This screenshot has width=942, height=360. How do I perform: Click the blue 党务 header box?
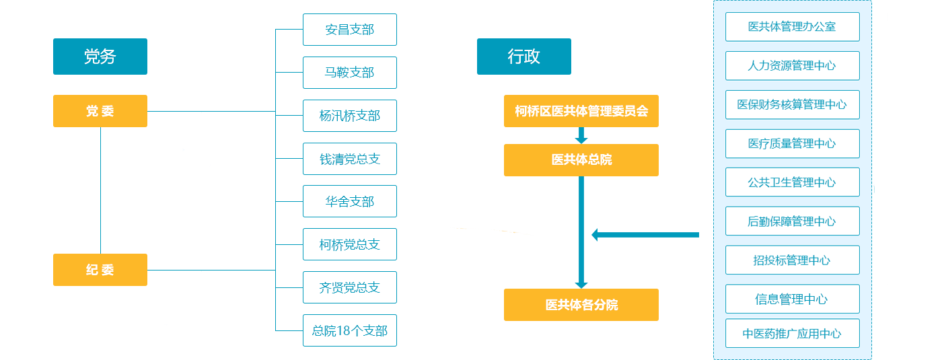pyautogui.click(x=100, y=57)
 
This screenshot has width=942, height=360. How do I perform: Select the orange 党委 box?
pyautogui.click(x=100, y=111)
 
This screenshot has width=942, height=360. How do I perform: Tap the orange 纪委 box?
pyautogui.click(x=100, y=270)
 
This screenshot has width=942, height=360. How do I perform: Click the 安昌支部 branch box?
pyautogui.click(x=349, y=30)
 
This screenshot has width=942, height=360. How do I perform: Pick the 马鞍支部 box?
pyautogui.click(x=349, y=73)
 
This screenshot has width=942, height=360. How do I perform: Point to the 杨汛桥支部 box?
pyautogui.click(x=349, y=116)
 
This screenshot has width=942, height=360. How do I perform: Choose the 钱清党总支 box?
pyautogui.click(x=349, y=159)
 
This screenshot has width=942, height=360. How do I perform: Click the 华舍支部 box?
pyautogui.click(x=349, y=201)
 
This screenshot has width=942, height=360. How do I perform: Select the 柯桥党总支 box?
pyautogui.click(x=349, y=244)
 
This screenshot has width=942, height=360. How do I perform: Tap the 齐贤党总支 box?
pyautogui.click(x=349, y=287)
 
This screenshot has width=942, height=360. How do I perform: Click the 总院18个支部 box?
pyautogui.click(x=349, y=330)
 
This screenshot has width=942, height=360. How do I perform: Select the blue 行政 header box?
pyautogui.click(x=523, y=57)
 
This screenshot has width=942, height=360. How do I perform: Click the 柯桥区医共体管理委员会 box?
pyautogui.click(x=581, y=111)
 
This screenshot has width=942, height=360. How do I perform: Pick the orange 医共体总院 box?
pyautogui.click(x=581, y=160)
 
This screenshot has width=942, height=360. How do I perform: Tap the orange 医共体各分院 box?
pyautogui.click(x=581, y=305)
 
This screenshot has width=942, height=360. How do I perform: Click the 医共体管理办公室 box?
pyautogui.click(x=792, y=27)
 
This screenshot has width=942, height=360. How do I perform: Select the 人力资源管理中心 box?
pyautogui.click(x=792, y=66)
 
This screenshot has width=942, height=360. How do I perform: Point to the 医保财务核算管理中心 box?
pyautogui.click(x=792, y=104)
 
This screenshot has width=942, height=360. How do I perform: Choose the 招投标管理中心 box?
pyautogui.click(x=792, y=260)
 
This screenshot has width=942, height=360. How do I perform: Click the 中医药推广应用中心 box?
pyautogui.click(x=792, y=334)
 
